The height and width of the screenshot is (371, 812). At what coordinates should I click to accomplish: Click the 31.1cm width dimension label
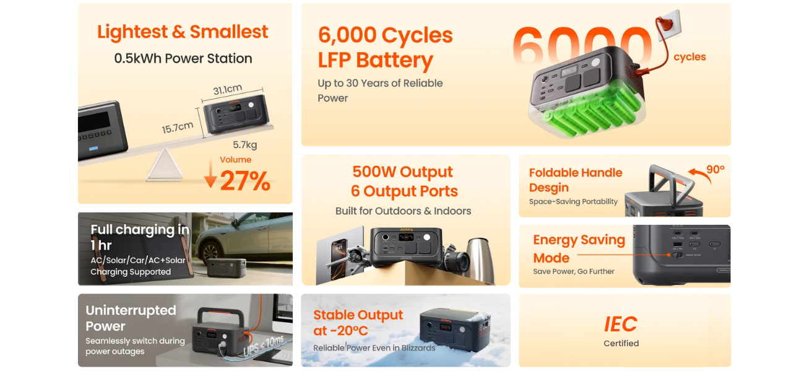[x=227, y=89]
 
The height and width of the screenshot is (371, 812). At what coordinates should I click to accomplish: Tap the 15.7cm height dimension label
[x=177, y=128]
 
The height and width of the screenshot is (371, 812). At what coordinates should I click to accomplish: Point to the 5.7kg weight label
[x=244, y=145]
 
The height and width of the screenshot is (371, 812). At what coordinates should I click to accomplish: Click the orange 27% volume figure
[x=245, y=181]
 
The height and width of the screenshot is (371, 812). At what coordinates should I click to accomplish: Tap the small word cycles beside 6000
[x=689, y=57]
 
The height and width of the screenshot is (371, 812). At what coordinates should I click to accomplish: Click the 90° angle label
[x=715, y=169]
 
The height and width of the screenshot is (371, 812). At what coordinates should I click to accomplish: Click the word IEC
[x=621, y=324]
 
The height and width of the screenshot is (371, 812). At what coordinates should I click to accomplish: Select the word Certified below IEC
[x=621, y=343]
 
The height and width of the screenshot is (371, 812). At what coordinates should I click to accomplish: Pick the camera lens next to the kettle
[x=457, y=259]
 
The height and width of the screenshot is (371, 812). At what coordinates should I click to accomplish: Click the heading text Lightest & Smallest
[x=183, y=32]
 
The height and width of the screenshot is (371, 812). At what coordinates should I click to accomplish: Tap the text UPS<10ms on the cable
[x=264, y=346]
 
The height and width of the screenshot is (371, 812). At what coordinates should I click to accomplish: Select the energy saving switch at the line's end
[x=677, y=255]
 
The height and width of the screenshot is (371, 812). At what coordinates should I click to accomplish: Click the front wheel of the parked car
[x=211, y=253]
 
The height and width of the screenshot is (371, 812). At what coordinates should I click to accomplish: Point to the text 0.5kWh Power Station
[x=183, y=58]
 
